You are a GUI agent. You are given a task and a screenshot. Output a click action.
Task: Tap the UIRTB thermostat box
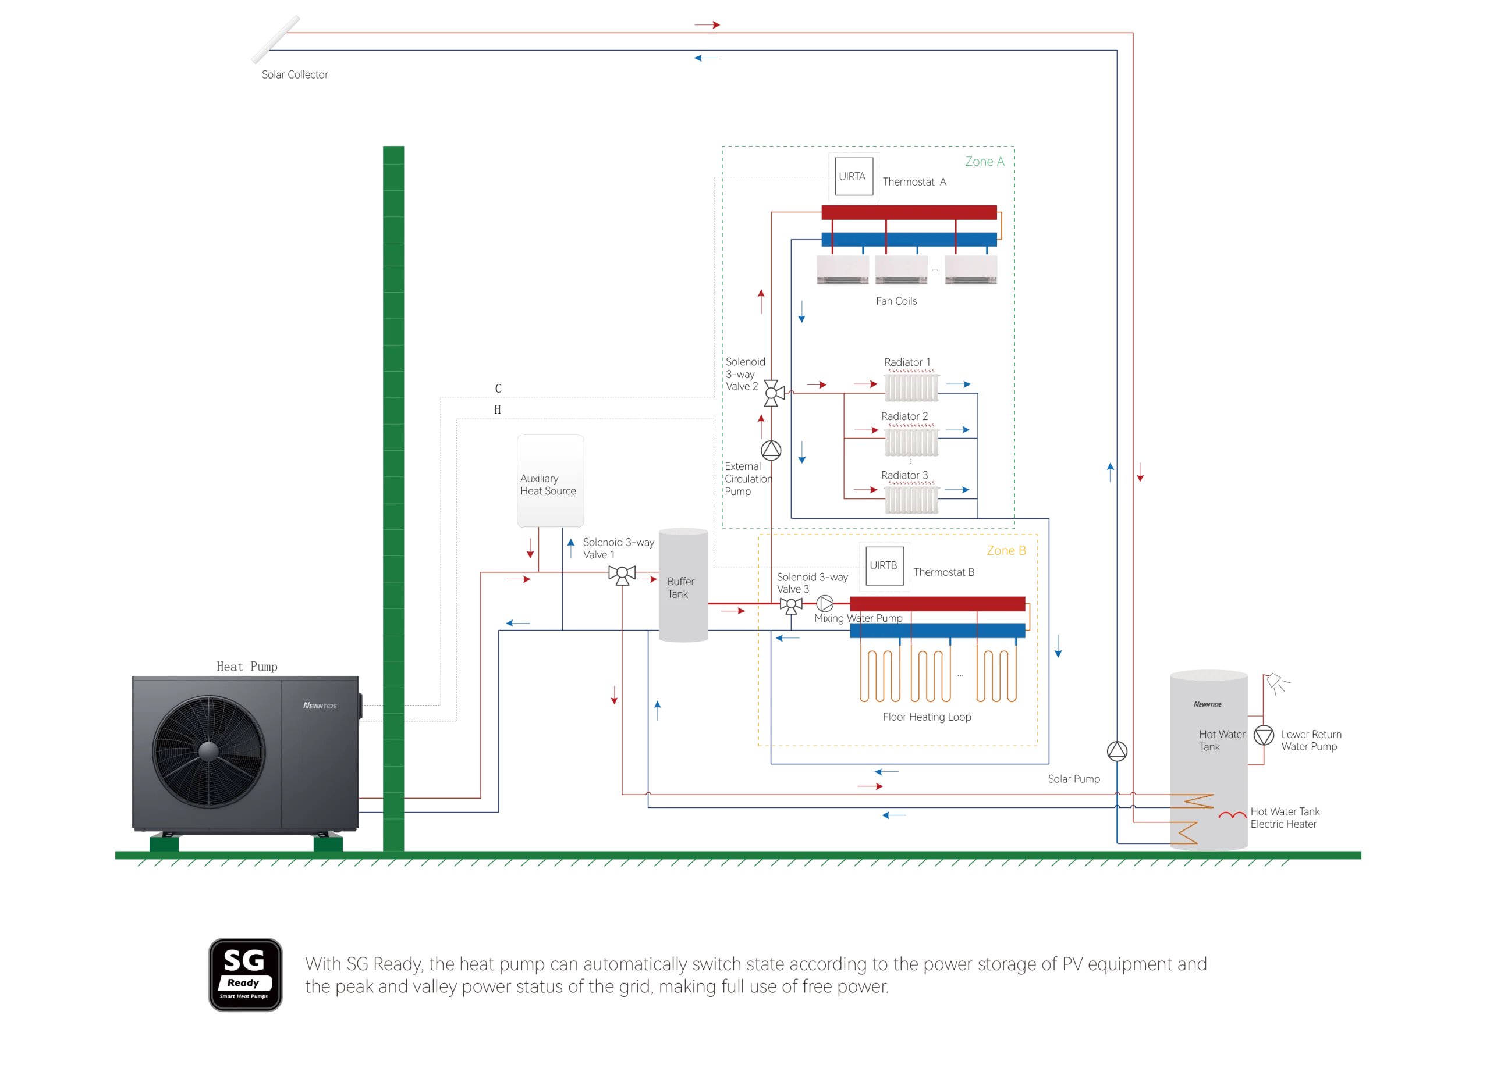[884, 566]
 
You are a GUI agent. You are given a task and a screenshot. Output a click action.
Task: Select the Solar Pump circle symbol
[1117, 751]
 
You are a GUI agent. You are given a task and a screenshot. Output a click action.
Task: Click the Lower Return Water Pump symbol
[1264, 735]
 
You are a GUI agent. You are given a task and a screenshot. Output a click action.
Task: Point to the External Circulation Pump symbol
[771, 450]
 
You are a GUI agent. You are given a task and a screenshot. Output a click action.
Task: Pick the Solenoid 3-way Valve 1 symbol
[622, 575]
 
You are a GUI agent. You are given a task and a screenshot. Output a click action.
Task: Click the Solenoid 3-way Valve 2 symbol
[774, 393]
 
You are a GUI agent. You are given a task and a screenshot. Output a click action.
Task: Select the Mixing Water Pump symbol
[825, 603]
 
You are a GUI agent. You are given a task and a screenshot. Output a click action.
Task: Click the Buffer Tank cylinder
[683, 585]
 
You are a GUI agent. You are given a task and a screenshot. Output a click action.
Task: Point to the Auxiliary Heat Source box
[551, 480]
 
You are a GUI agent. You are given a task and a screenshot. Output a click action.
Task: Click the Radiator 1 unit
[911, 387]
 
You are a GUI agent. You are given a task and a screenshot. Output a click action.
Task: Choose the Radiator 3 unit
[911, 500]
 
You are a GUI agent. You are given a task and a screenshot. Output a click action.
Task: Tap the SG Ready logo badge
[246, 975]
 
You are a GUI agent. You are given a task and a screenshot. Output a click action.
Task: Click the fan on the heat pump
[209, 752]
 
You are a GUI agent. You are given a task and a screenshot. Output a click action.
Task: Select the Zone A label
[985, 162]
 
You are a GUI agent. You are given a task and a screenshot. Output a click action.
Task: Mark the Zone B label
[1006, 551]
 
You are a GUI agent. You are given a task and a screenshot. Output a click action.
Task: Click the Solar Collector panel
[276, 40]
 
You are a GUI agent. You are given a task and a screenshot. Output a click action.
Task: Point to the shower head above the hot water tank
[1277, 684]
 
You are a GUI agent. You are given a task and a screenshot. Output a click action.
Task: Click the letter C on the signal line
[498, 389]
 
